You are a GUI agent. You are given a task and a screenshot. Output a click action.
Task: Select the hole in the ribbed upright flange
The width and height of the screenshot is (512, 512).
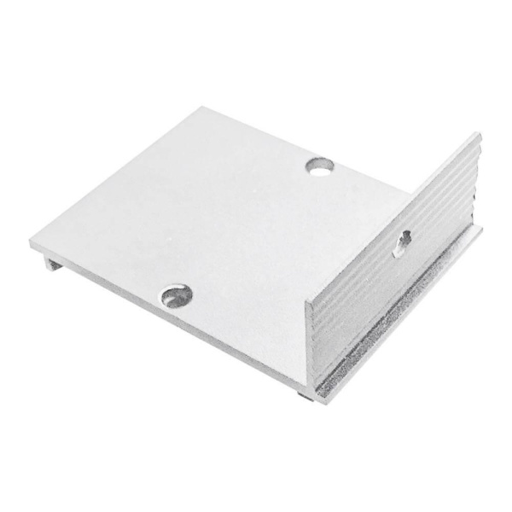pos(404,238)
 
